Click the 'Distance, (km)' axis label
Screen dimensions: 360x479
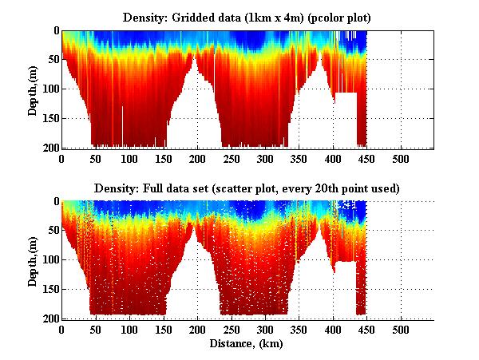247,344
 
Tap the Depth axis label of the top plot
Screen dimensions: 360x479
33,89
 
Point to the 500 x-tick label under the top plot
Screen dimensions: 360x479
401,159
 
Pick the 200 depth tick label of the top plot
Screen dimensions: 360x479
50,148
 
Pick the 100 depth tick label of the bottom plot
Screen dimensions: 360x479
50,260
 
